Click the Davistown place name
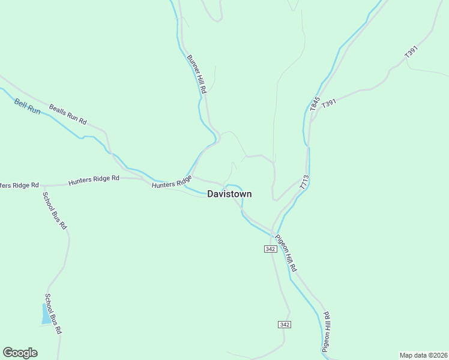[x=229, y=194]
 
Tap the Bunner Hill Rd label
[x=196, y=74]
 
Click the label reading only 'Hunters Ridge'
[x=172, y=182]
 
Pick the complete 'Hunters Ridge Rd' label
[x=94, y=179]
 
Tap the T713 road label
[x=304, y=182]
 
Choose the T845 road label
[x=315, y=104]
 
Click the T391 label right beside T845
[x=330, y=104]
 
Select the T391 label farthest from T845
[x=411, y=52]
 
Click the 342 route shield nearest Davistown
[x=270, y=249]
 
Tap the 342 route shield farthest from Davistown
[x=285, y=324]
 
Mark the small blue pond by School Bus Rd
[x=46, y=314]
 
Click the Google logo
[x=20, y=353]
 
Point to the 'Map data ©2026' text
[x=423, y=355]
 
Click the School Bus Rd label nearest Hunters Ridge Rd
[x=54, y=209]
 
